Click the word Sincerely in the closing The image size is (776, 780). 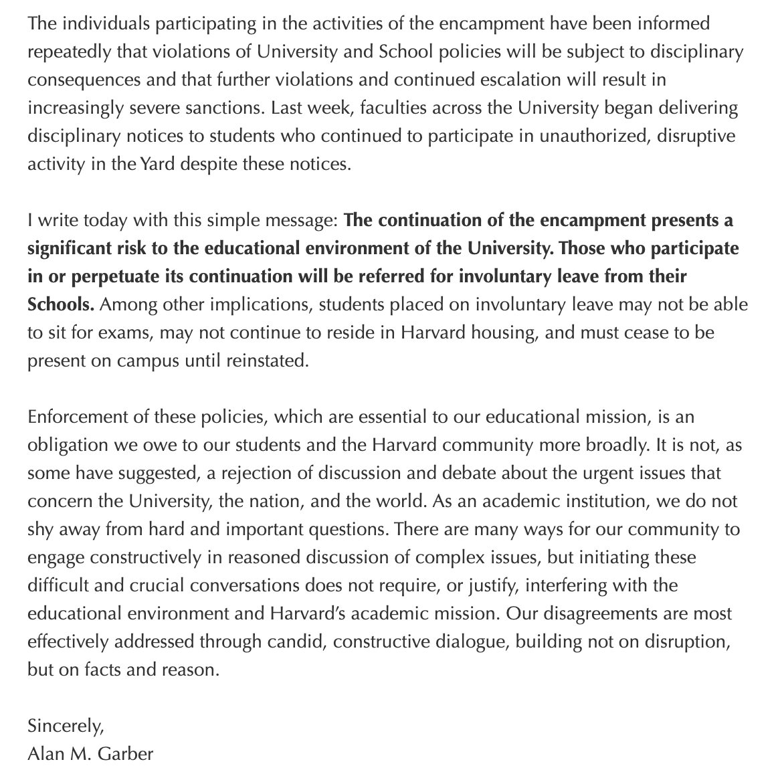pyautogui.click(x=66, y=726)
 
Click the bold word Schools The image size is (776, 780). pyautogui.click(x=60, y=304)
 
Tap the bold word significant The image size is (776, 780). pyautogui.click(x=70, y=248)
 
